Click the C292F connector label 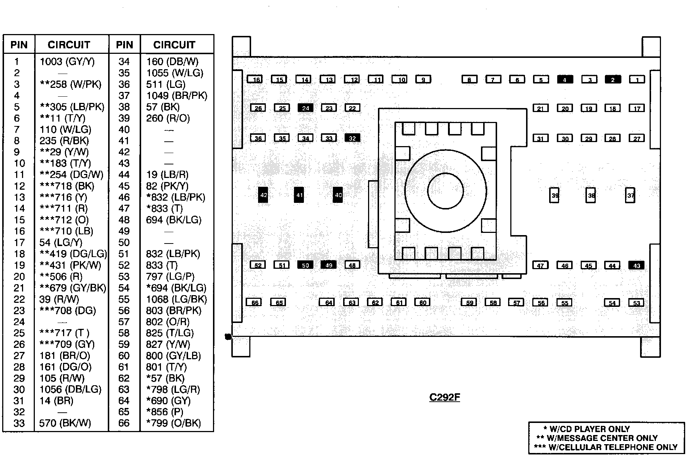pyautogui.click(x=444, y=397)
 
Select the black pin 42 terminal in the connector pyautogui.click(x=263, y=195)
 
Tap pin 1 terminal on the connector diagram pyautogui.click(x=637, y=79)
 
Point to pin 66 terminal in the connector pyautogui.click(x=254, y=302)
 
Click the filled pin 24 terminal pyautogui.click(x=305, y=108)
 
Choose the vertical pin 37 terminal pyautogui.click(x=630, y=195)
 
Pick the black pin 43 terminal pyautogui.click(x=636, y=266)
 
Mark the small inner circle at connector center pyautogui.click(x=445, y=191)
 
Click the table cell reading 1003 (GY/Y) pyautogui.click(x=67, y=62)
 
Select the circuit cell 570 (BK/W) pyautogui.click(x=65, y=423)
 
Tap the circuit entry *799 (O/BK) pyautogui.click(x=173, y=423)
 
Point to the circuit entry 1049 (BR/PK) pyautogui.click(x=177, y=96)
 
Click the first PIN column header pyautogui.click(x=19, y=45)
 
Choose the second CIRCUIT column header pyautogui.click(x=174, y=45)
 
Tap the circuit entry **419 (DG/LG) pyautogui.click(x=73, y=254)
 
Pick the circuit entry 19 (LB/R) pyautogui.click(x=167, y=175)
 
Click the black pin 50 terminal pyautogui.click(x=305, y=265)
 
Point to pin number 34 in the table pyautogui.click(x=124, y=62)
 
